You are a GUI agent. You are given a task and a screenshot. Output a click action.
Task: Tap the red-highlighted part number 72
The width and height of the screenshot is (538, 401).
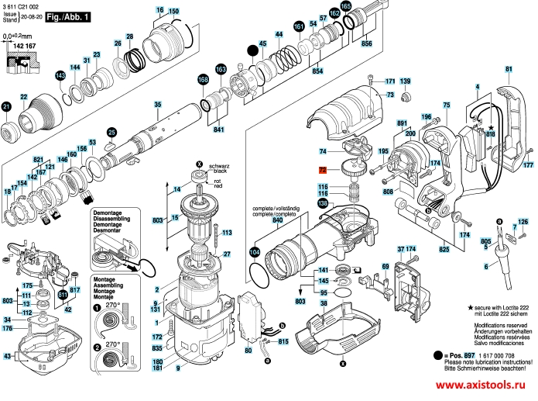click(x=323, y=169)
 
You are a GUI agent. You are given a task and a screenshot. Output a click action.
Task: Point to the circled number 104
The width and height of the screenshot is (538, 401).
click(x=255, y=252)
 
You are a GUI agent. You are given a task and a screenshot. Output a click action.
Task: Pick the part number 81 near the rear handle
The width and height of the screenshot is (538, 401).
click(x=508, y=70)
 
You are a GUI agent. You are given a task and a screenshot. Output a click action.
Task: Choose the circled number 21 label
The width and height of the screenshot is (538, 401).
click(x=7, y=105)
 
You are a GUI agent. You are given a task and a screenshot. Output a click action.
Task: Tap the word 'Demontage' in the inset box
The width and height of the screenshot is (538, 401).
click(x=108, y=213)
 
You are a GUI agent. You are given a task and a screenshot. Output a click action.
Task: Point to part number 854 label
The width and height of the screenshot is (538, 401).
click(x=317, y=71)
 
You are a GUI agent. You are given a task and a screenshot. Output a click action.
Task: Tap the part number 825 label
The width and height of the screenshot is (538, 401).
click(x=444, y=249)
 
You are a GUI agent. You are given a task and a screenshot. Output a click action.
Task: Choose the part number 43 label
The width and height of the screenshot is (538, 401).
click(x=8, y=356)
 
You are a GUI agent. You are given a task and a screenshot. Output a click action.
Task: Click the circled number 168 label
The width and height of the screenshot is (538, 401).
click(x=203, y=79)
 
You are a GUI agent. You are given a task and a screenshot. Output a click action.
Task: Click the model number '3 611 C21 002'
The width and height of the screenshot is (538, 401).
click(x=19, y=6)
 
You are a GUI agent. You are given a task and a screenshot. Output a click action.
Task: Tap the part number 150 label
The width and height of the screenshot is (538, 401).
click(x=173, y=10)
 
